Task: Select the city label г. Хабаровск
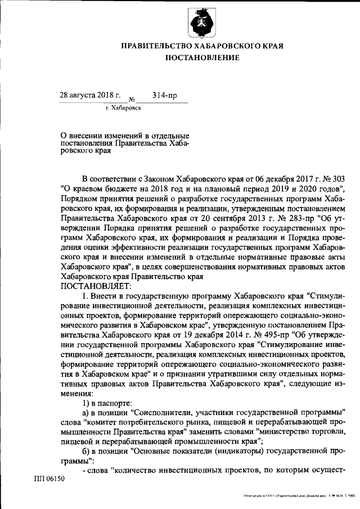123,107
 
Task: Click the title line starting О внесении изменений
124,136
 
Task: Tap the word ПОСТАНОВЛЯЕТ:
91,285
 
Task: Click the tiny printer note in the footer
299,496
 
